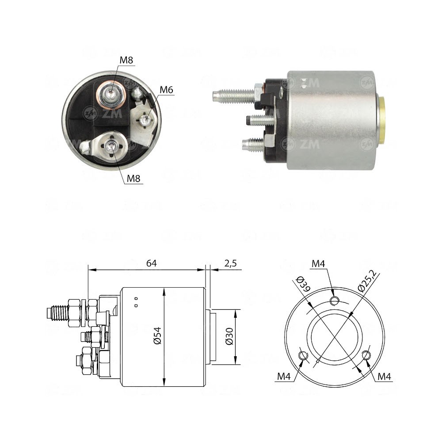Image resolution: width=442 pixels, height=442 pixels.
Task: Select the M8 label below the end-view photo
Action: pyautogui.click(x=133, y=179)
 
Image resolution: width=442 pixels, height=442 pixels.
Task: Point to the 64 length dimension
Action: pyautogui.click(x=152, y=263)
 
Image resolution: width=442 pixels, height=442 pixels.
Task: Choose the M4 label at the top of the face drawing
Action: pyautogui.click(x=318, y=264)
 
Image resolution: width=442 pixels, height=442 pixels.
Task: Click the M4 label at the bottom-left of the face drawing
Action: pyautogui.click(x=284, y=376)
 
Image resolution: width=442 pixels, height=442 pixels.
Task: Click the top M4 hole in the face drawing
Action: pyautogui.click(x=335, y=301)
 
